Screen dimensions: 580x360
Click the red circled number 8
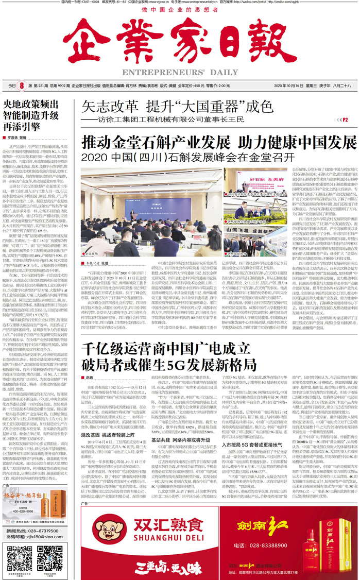(22, 86)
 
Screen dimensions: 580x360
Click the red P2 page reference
(353, 119)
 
